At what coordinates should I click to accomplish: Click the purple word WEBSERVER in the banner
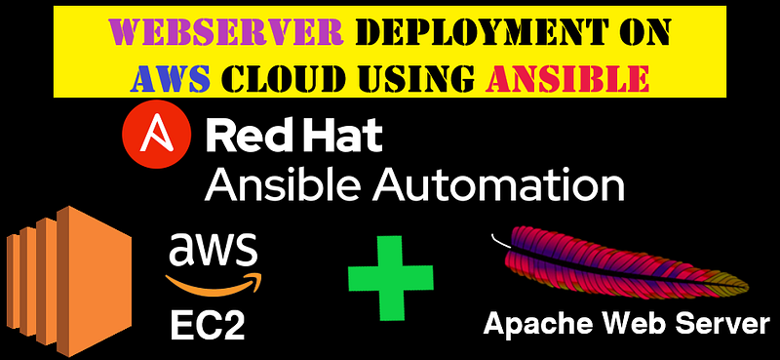tap(227, 33)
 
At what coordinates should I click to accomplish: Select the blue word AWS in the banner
tap(170, 77)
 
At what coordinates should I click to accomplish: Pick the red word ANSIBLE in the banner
tap(566, 77)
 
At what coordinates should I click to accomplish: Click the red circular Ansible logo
tap(157, 133)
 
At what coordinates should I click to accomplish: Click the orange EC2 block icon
tap(69, 281)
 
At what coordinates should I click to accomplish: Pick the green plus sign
tap(390, 278)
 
